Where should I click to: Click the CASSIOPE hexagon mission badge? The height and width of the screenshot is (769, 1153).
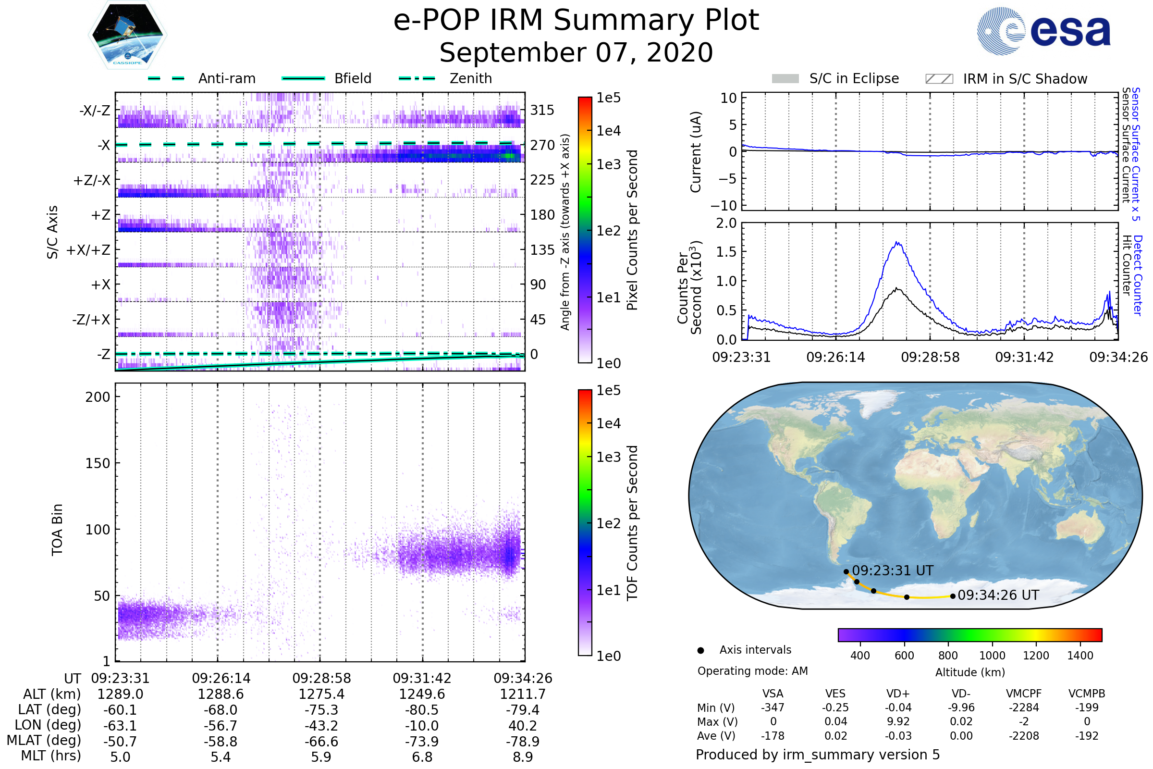pyautogui.click(x=127, y=34)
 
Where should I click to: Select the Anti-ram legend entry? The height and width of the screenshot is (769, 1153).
pyautogui.click(x=202, y=78)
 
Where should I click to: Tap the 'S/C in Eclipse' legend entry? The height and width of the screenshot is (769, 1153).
pyautogui.click(x=835, y=78)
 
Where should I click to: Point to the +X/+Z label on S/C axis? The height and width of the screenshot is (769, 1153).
pyautogui.click(x=88, y=250)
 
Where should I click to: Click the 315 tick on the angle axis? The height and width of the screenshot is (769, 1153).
pyautogui.click(x=542, y=110)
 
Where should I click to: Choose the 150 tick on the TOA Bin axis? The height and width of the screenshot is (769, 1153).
pyautogui.click(x=98, y=463)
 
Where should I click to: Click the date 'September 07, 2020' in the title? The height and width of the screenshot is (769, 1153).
pyautogui.click(x=576, y=53)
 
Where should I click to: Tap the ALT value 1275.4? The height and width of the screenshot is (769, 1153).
pyautogui.click(x=321, y=695)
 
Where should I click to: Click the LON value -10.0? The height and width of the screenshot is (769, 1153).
pyautogui.click(x=422, y=726)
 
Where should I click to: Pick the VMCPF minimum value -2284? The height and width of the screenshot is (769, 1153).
pyautogui.click(x=1024, y=707)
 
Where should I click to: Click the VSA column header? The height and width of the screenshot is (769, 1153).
pyautogui.click(x=773, y=694)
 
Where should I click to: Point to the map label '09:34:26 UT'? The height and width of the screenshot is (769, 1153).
pyautogui.click(x=998, y=595)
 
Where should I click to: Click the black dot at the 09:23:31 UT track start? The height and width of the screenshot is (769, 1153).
pyautogui.click(x=846, y=572)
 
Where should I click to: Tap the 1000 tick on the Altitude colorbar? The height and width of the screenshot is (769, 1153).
pyautogui.click(x=992, y=656)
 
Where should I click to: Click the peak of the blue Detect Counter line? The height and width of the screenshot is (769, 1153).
pyautogui.click(x=897, y=242)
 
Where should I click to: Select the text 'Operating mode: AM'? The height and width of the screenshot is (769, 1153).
pyautogui.click(x=752, y=671)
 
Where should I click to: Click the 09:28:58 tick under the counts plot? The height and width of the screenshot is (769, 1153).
pyautogui.click(x=930, y=357)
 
